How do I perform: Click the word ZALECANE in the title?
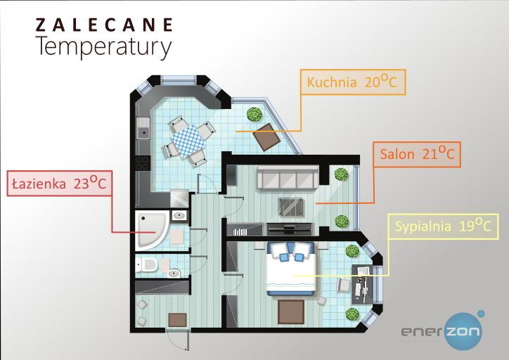[x=104, y=25]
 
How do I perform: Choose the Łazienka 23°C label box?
[x=58, y=184]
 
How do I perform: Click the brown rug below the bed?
[x=290, y=310]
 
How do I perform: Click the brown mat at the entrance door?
[x=177, y=320]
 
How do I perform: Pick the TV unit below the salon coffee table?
[x=289, y=228]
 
